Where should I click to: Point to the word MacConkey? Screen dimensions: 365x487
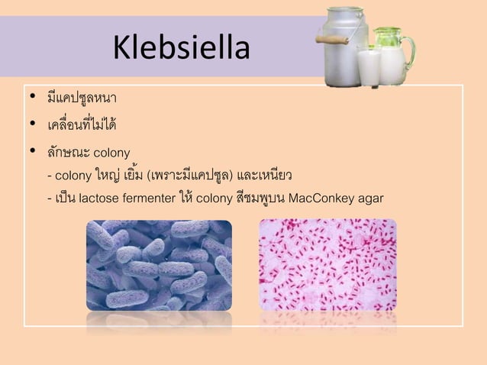(x=323, y=200)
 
